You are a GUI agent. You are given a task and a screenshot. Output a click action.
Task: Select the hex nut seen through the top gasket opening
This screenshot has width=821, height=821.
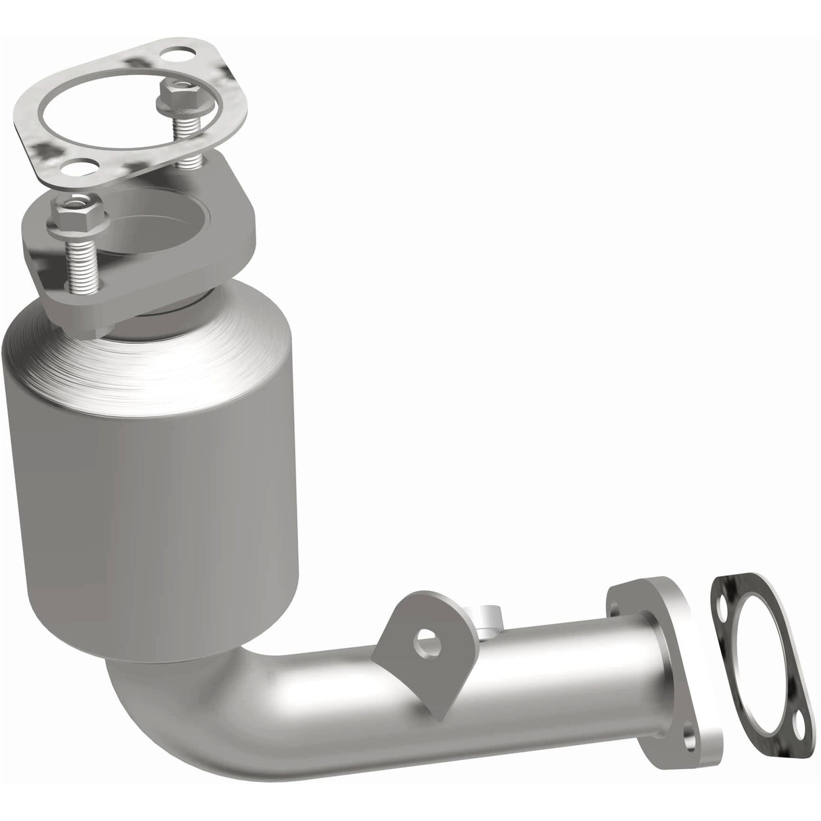coord(175,94)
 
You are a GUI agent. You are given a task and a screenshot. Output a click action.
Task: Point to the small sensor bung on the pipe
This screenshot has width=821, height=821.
coord(488,599)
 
